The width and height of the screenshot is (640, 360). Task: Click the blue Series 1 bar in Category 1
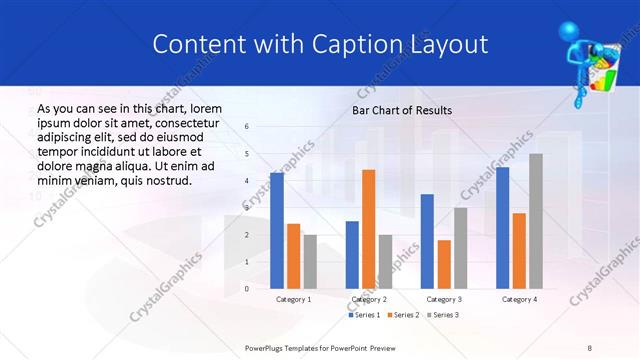pyautogui.click(x=276, y=231)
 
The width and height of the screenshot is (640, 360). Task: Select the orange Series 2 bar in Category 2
pyautogui.click(x=368, y=229)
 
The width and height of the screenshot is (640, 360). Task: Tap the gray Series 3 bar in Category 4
pyautogui.click(x=536, y=221)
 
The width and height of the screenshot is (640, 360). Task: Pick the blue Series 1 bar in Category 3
pyautogui.click(x=427, y=241)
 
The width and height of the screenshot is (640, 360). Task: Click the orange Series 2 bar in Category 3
pyautogui.click(x=444, y=264)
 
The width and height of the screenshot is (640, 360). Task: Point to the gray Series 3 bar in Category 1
pyautogui.click(x=310, y=262)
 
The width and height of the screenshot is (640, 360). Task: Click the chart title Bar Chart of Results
pyautogui.click(x=402, y=110)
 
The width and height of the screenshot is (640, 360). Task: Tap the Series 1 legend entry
pyautogui.click(x=363, y=315)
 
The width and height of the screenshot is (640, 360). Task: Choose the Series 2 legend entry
pyautogui.click(x=403, y=315)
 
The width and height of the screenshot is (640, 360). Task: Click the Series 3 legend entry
pyautogui.click(x=444, y=315)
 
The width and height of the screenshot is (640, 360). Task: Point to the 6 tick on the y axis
pyautogui.click(x=247, y=127)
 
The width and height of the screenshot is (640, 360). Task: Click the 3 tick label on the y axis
pyautogui.click(x=247, y=208)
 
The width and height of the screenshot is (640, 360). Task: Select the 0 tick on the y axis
pyautogui.click(x=247, y=289)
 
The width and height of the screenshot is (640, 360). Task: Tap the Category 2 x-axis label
pyautogui.click(x=368, y=299)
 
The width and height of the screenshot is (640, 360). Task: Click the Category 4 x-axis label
pyautogui.click(x=519, y=299)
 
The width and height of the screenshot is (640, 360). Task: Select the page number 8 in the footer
pyautogui.click(x=590, y=347)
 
